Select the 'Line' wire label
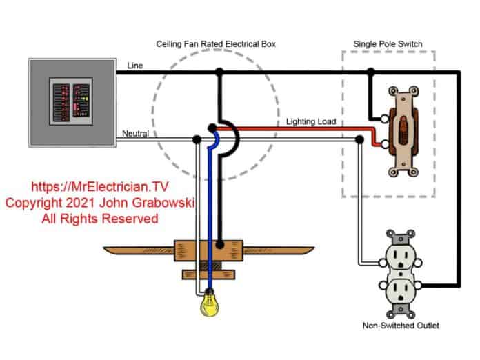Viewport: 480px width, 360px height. [x=135, y=66]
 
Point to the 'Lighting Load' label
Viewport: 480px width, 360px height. [x=311, y=121]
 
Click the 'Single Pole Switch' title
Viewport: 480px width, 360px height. [x=388, y=44]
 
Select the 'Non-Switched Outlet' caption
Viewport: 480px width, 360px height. [x=399, y=326]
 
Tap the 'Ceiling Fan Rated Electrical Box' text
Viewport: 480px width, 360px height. [x=216, y=43]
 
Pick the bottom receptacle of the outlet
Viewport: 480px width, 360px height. [x=400, y=289]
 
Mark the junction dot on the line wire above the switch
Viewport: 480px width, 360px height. [x=372, y=71]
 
